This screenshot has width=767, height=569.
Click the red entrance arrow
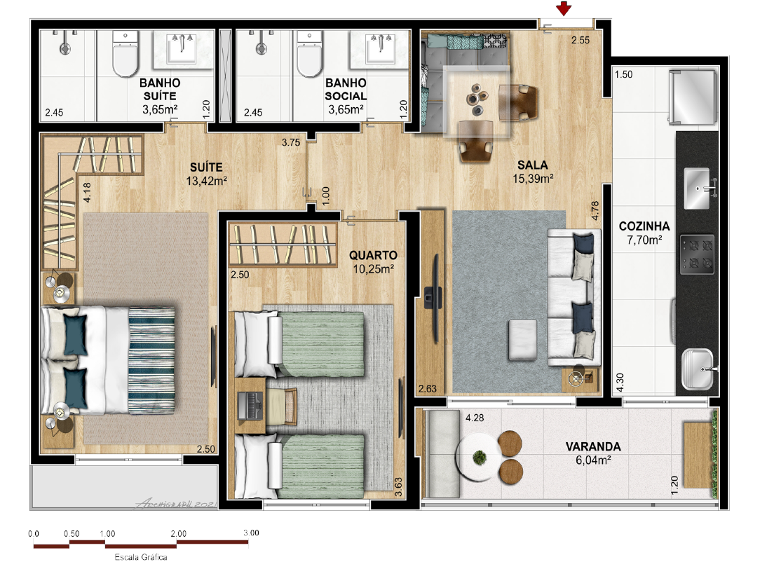(x=564, y=8)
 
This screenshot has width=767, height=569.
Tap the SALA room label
(x=533, y=165)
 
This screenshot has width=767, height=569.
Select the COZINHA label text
(x=644, y=226)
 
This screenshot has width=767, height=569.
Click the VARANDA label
(x=593, y=446)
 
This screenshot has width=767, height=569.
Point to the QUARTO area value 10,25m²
(x=373, y=269)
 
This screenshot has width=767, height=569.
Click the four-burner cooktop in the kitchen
(x=697, y=254)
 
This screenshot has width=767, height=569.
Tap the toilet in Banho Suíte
(x=125, y=54)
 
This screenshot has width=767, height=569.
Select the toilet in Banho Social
(x=310, y=54)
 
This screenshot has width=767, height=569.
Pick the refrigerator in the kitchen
(x=693, y=96)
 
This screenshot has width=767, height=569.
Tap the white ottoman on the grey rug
(x=522, y=341)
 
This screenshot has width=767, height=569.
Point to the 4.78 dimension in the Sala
(x=595, y=211)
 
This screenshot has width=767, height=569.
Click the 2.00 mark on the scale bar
(x=178, y=534)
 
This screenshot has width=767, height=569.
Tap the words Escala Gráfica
(x=141, y=557)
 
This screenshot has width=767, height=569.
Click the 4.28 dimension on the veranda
(x=475, y=418)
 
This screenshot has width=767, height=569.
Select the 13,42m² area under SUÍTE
(x=206, y=181)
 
